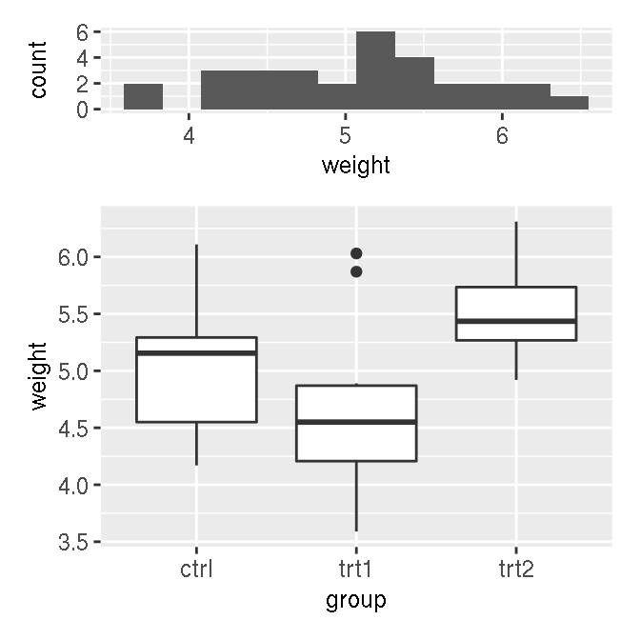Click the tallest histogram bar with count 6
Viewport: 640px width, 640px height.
point(375,70)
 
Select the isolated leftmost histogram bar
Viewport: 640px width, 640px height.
point(143,96)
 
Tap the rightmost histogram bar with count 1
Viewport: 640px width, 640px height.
point(569,103)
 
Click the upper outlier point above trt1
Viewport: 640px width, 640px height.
point(356,253)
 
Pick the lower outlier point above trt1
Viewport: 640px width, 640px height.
point(356,271)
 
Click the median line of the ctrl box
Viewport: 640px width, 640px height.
point(196,353)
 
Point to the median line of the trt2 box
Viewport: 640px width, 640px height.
point(516,321)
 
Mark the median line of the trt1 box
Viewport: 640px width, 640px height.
point(356,422)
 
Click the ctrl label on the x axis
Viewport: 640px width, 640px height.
point(196,570)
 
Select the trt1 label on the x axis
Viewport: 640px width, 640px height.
point(356,570)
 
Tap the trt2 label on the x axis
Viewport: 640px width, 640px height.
point(516,570)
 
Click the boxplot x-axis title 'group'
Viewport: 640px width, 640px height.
point(356,600)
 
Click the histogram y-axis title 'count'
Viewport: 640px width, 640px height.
point(38,70)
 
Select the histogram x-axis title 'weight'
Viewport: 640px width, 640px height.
point(356,166)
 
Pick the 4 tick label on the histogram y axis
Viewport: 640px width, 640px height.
point(83,57)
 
